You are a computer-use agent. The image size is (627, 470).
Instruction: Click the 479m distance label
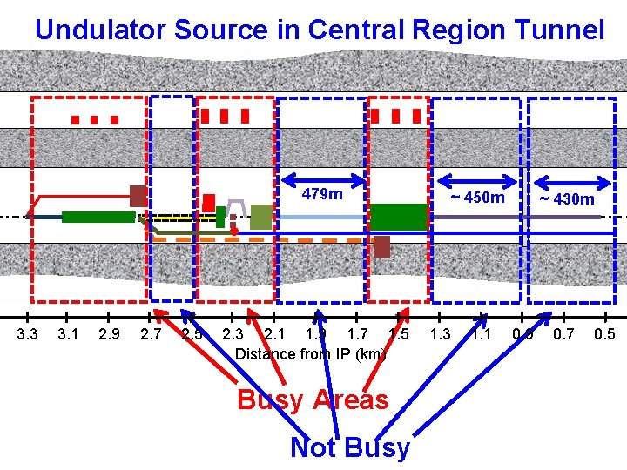tap(322, 193)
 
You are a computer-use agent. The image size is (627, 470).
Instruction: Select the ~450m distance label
tap(476, 198)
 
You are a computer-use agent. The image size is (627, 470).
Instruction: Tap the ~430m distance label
tap(567, 199)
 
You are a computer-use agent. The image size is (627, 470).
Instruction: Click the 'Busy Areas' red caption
tap(313, 399)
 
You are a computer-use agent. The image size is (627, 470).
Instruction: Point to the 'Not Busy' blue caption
tap(349, 447)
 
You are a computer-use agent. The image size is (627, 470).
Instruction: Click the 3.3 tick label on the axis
tap(28, 333)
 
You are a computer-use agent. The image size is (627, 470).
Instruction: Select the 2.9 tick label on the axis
tap(110, 333)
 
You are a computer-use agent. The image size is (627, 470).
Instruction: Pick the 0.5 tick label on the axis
tap(604, 333)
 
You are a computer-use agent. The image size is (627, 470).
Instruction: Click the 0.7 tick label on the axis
tap(563, 333)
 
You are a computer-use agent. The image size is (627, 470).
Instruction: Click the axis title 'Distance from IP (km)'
tap(311, 354)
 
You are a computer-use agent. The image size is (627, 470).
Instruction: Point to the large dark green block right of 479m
tap(399, 216)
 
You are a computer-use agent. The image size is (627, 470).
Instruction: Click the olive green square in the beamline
tap(260, 217)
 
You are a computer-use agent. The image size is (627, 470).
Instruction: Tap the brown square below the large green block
tap(381, 246)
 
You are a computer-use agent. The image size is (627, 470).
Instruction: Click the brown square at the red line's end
tap(138, 196)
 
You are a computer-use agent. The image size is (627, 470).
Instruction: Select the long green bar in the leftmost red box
tap(98, 217)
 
